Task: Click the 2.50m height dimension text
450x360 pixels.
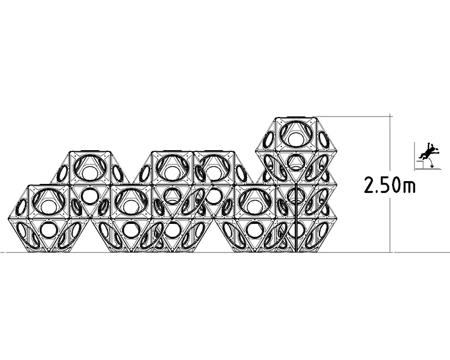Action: click(x=389, y=186)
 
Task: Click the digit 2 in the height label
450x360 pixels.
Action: click(x=369, y=186)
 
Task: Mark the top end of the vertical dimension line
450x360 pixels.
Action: click(x=390, y=114)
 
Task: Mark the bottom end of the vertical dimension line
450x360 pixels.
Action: click(x=390, y=253)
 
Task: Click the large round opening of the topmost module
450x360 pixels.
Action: click(x=296, y=133)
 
